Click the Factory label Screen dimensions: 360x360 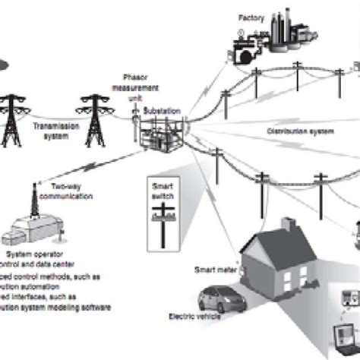(x=247, y=16)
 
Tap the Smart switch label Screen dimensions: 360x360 (x=161, y=190)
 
